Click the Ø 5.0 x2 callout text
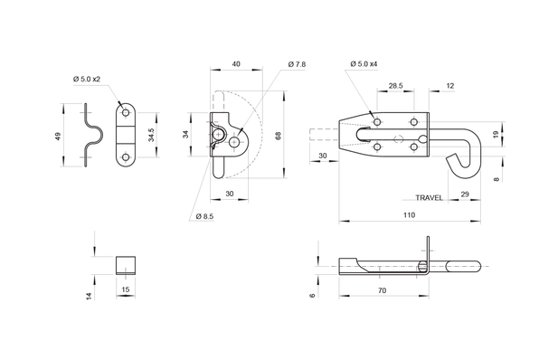click(x=88, y=79)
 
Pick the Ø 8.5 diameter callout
click(x=203, y=216)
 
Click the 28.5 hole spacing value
click(x=395, y=87)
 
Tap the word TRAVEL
click(x=429, y=197)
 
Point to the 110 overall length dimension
click(x=407, y=215)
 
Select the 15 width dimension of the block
click(x=125, y=289)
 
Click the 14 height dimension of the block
click(x=88, y=296)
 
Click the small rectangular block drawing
click(x=125, y=265)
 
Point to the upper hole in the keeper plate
click(x=125, y=112)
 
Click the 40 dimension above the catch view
click(x=236, y=64)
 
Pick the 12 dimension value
click(x=449, y=87)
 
